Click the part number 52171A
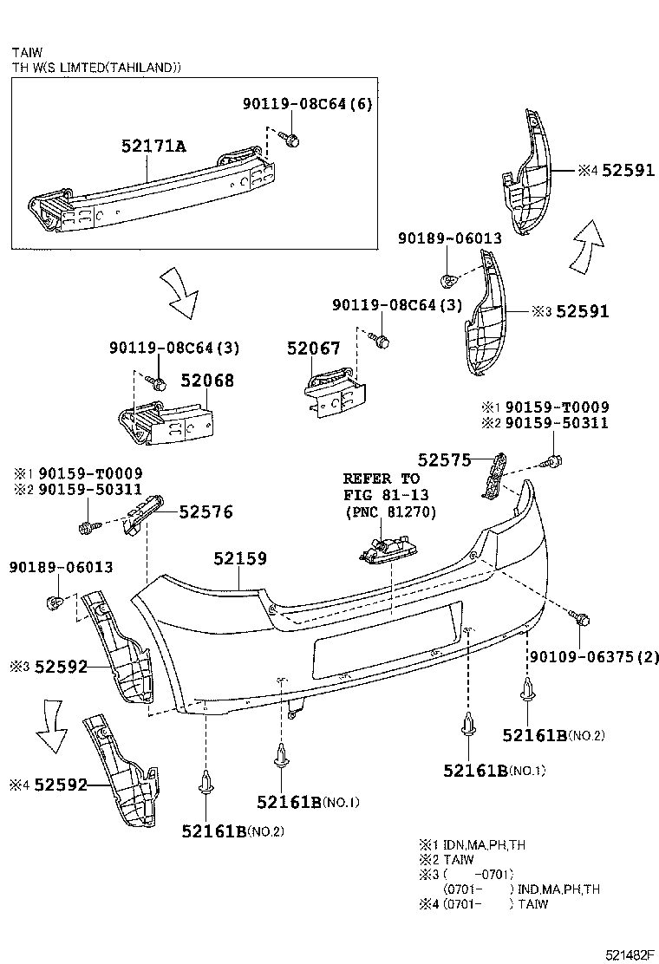153,147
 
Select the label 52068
206,381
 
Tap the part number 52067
314,348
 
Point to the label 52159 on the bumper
240,559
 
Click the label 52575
444,460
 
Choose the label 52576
206,512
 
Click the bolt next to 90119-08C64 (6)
293,140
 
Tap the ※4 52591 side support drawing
526,173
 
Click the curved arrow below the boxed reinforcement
185,293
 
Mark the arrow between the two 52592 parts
51,731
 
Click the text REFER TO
381,479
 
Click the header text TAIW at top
27,52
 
